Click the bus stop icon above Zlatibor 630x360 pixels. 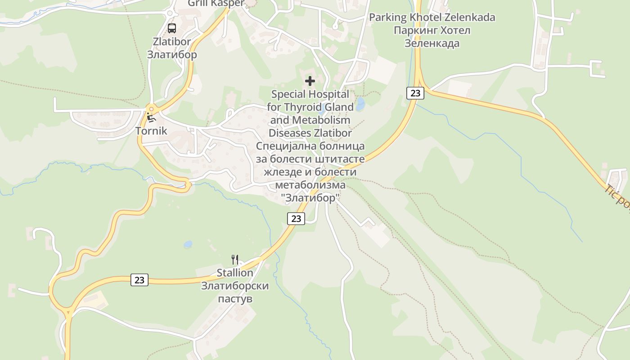coord(172,28)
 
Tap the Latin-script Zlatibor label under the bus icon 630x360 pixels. coord(172,42)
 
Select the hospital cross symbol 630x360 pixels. coord(310,81)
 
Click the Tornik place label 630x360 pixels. coord(151,131)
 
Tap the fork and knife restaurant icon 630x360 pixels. coord(234,259)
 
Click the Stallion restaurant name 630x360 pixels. coord(235,273)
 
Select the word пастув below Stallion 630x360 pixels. coord(235,299)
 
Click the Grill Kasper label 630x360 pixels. coord(216,3)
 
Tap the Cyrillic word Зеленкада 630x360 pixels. coord(432,44)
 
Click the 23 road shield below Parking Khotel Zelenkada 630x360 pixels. coord(415,93)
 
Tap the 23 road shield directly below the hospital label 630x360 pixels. coord(296,219)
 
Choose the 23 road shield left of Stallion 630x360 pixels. coord(139,279)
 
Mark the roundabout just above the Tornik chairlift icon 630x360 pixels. coord(151,109)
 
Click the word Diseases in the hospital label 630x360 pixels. coord(289,133)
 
